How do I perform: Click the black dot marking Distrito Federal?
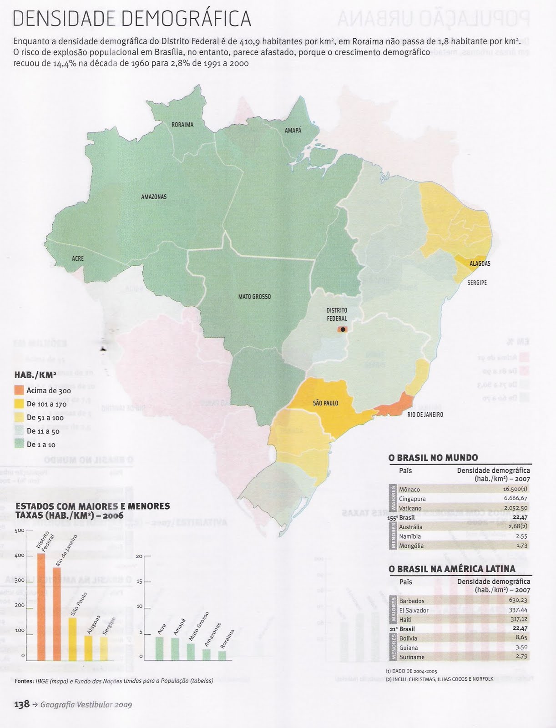343,329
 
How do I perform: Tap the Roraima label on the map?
182,125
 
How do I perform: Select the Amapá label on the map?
293,130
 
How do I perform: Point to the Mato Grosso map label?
254,297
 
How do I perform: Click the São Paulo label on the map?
325,403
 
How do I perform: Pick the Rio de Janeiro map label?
425,415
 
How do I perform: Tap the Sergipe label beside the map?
477,283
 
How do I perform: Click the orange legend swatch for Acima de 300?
19,390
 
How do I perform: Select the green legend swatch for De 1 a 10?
19,444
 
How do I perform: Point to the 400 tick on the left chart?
20,556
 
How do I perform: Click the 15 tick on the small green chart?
140,581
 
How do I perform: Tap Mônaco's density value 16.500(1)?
515,489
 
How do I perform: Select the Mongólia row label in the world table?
411,546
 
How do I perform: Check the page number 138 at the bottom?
22,704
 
